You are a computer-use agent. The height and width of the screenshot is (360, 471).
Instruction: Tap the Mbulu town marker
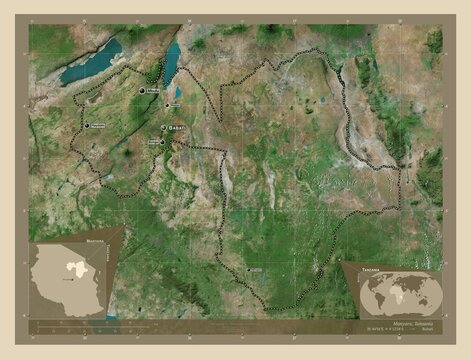(x=142, y=90)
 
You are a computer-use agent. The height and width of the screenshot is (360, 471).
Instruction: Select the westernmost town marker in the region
(x=88, y=125)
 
